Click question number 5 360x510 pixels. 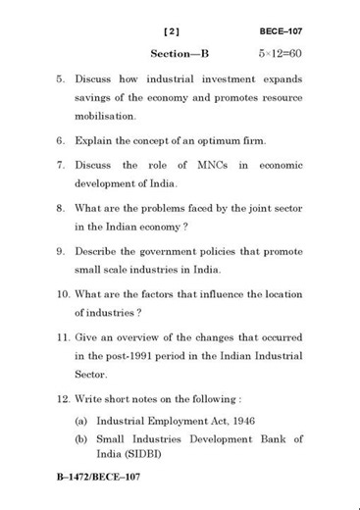(x=61, y=78)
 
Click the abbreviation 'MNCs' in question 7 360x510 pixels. (x=210, y=165)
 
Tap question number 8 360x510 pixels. (x=61, y=208)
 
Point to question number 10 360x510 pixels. (x=62, y=294)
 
